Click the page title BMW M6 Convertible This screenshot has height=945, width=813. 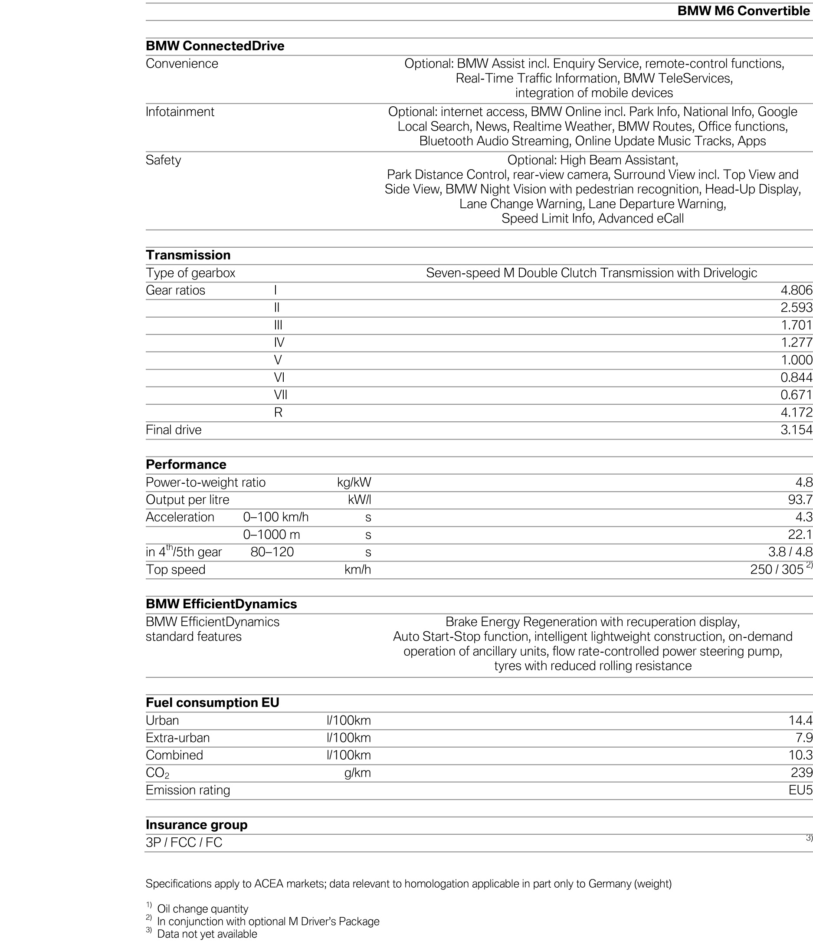[x=743, y=11]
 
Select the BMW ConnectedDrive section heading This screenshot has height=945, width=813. [x=215, y=46]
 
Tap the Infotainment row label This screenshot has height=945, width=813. [x=180, y=112]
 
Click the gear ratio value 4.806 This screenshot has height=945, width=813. [x=796, y=290]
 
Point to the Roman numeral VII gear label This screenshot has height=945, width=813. [x=280, y=395]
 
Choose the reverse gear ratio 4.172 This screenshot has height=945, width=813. [x=796, y=413]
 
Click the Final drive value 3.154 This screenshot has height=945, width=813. [x=796, y=430]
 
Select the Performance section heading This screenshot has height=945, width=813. [x=186, y=465]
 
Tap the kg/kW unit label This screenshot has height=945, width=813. [x=354, y=482]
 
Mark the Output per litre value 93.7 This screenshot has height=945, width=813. [x=800, y=500]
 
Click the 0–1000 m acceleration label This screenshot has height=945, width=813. [x=271, y=535]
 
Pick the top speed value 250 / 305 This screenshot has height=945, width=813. [x=777, y=570]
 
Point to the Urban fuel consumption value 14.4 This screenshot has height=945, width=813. [x=800, y=721]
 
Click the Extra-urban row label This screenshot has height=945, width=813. [x=178, y=738]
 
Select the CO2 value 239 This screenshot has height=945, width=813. [x=802, y=773]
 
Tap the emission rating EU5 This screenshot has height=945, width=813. [x=800, y=791]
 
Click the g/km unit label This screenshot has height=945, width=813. [x=357, y=773]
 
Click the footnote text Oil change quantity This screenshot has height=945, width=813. [x=203, y=909]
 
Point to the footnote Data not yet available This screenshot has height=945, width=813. [x=207, y=934]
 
